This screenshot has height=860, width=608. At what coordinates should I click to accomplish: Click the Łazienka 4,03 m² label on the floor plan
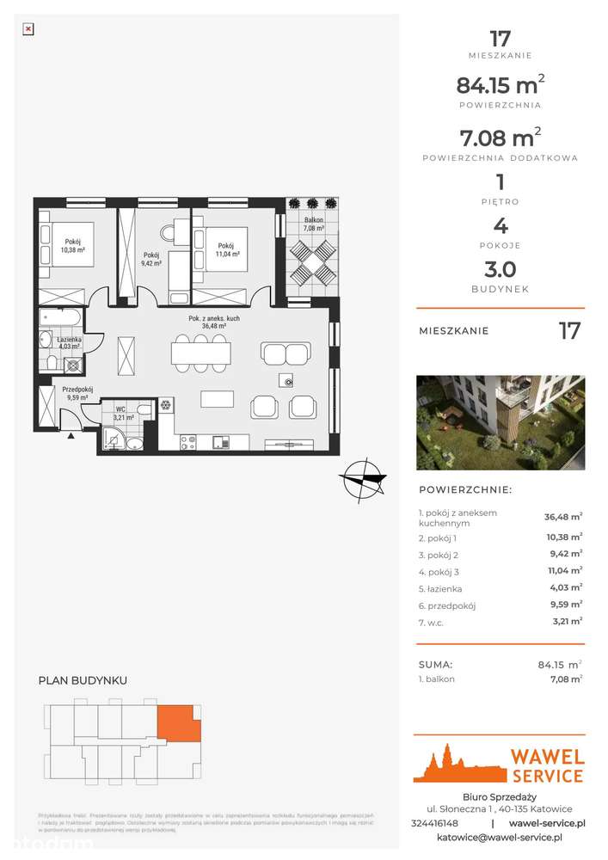pyautogui.click(x=69, y=343)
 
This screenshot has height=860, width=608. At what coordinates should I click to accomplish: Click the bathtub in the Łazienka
pyautogui.click(x=61, y=319)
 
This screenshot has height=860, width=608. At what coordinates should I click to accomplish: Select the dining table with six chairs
pyautogui.click(x=201, y=353)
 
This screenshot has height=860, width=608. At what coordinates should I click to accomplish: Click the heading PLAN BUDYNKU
pyautogui.click(x=83, y=680)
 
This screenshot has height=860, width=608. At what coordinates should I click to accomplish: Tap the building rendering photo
pyautogui.click(x=500, y=422)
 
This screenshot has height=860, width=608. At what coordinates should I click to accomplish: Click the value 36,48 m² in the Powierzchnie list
pyautogui.click(x=562, y=518)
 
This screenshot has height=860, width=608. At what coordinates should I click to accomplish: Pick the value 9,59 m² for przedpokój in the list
pyautogui.click(x=564, y=605)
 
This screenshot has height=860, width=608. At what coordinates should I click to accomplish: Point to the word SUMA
pyautogui.click(x=435, y=665)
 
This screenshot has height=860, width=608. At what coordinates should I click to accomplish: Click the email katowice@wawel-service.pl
pyautogui.click(x=499, y=837)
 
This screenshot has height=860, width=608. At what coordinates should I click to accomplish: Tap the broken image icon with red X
pyautogui.click(x=28, y=28)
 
